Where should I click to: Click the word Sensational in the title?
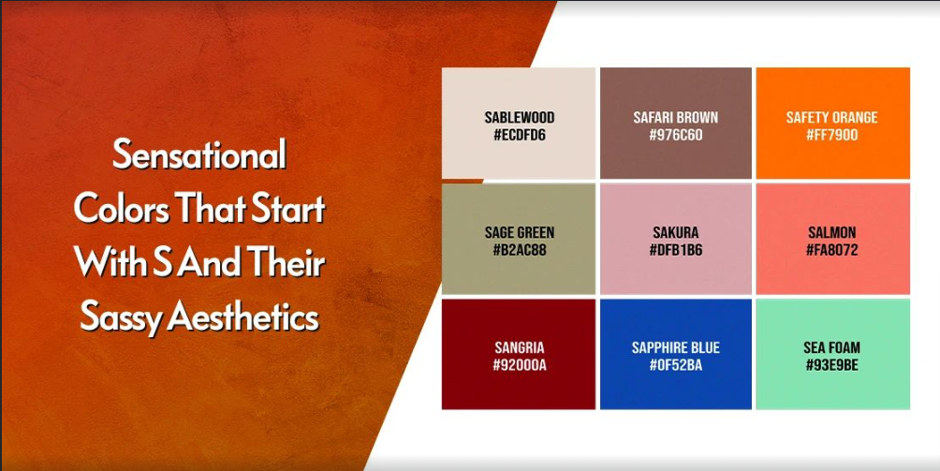pyautogui.click(x=199, y=154)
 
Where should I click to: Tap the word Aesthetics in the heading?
pyautogui.click(x=243, y=316)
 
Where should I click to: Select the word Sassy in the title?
pyautogui.click(x=121, y=318)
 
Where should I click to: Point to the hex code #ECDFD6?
pyautogui.click(x=520, y=135)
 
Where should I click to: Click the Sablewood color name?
pyautogui.click(x=520, y=117)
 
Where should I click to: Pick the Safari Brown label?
pyautogui.click(x=676, y=117)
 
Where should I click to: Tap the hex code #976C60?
pyautogui.click(x=676, y=135)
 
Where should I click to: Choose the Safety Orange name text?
pyautogui.click(x=832, y=117)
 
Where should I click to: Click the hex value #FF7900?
pyautogui.click(x=832, y=135)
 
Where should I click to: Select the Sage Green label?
pyautogui.click(x=520, y=232)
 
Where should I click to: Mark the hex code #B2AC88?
pyautogui.click(x=520, y=250)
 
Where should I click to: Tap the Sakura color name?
pyautogui.click(x=676, y=232)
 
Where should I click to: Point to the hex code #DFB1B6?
pyautogui.click(x=676, y=250)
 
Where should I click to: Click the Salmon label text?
pyautogui.click(x=832, y=232)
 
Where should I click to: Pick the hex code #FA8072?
pyautogui.click(x=832, y=250)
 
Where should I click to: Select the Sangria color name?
pyautogui.click(x=520, y=347)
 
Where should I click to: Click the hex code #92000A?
pyautogui.click(x=520, y=365)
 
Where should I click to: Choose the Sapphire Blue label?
pyautogui.click(x=676, y=347)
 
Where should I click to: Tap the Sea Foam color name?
pyautogui.click(x=832, y=347)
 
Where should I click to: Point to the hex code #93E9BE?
pyautogui.click(x=832, y=365)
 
